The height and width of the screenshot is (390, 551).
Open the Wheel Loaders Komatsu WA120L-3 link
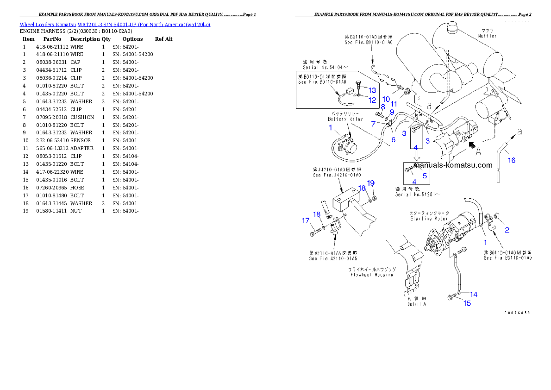[115, 25]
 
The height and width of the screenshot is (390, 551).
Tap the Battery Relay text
[345, 119]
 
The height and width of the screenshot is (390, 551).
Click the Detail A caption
[417, 304]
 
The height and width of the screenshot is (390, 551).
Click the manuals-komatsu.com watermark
[452, 165]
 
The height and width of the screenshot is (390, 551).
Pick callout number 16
[511, 160]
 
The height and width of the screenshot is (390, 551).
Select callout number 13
[372, 90]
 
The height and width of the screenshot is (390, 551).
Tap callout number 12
[372, 100]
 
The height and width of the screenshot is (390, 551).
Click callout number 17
[306, 221]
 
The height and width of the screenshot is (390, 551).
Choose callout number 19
[371, 183]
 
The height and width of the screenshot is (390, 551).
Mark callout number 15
[467, 303]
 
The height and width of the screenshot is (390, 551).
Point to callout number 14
[474, 294]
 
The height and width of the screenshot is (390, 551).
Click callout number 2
[507, 230]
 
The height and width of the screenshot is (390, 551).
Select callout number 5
[425, 176]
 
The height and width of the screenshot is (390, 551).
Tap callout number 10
[386, 99]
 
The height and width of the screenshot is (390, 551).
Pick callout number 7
[374, 124]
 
